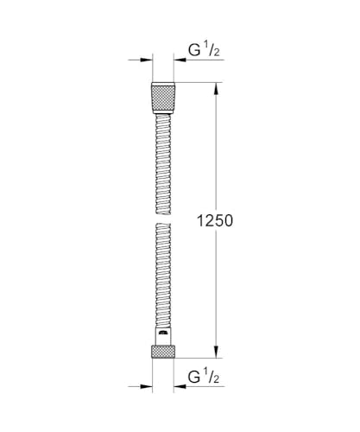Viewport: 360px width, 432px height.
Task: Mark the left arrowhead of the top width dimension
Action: point(145,60)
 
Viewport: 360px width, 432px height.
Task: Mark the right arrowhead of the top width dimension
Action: point(183,60)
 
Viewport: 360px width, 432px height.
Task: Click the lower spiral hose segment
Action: point(164,276)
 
